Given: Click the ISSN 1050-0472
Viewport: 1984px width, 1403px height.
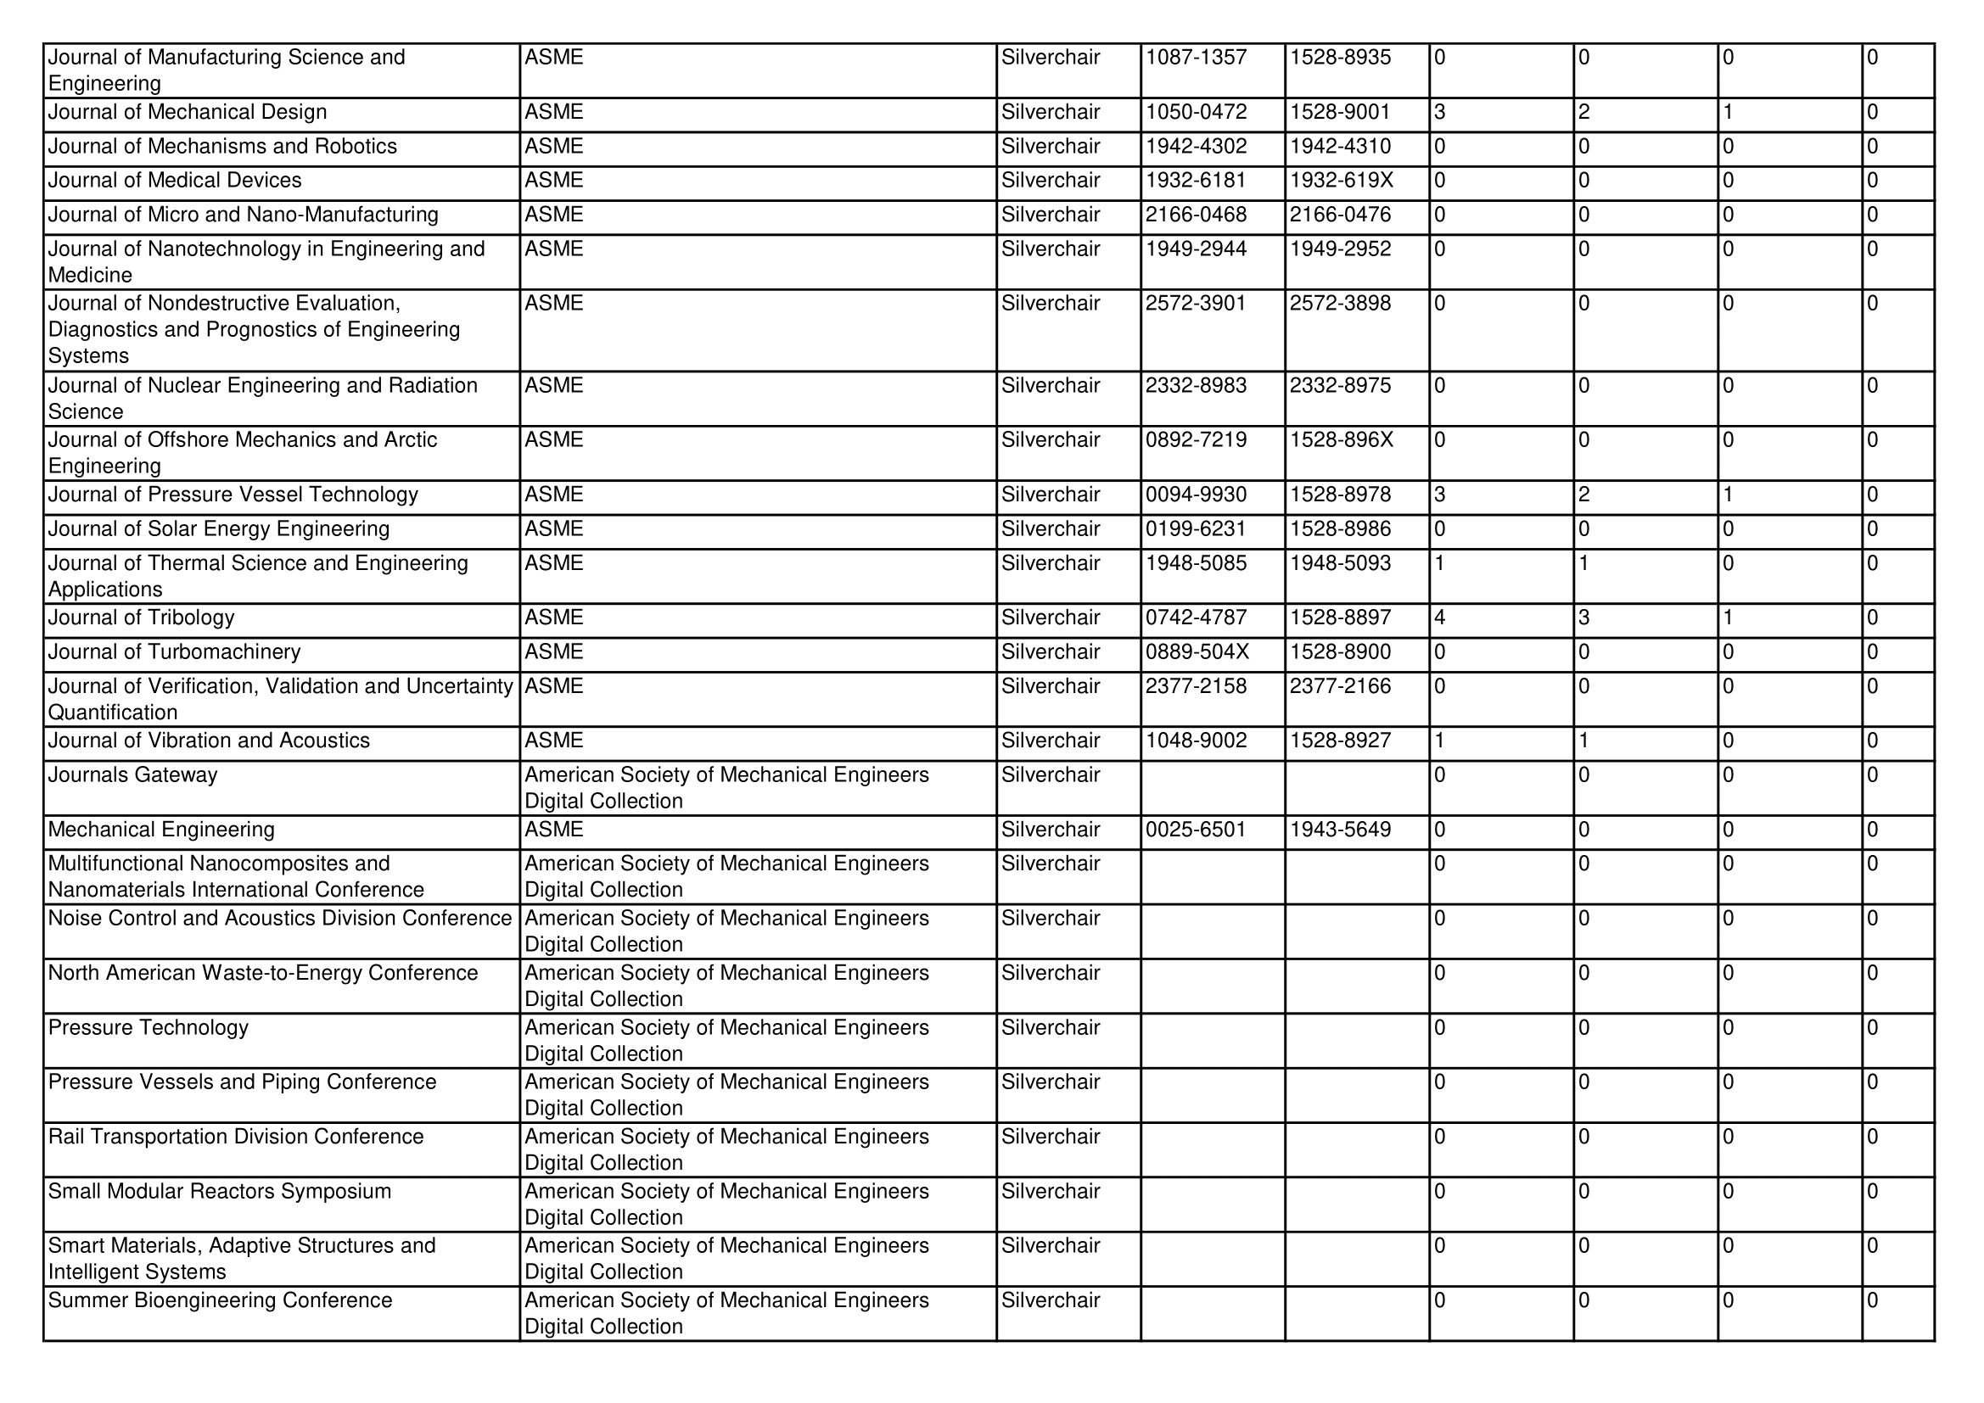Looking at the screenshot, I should point(1196,112).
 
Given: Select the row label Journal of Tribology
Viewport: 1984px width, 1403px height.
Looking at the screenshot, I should point(142,618).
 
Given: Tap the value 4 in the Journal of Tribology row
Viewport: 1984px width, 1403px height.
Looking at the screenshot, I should point(1439,618).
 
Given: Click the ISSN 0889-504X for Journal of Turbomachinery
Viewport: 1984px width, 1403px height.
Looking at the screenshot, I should point(1197,652).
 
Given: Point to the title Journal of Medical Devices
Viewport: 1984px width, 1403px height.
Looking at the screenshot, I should point(175,181).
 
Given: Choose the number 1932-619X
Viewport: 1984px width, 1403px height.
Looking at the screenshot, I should point(1341,181).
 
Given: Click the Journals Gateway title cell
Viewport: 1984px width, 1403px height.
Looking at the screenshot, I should point(133,775).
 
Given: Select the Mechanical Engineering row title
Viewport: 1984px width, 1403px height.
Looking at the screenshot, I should point(161,830).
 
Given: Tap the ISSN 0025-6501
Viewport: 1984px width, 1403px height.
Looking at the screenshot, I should point(1196,830).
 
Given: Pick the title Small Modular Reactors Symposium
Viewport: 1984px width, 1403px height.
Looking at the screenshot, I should point(220,1191).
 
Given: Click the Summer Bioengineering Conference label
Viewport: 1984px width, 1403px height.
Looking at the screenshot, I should point(221,1300).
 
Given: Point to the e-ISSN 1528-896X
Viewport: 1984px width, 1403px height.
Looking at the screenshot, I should point(1341,439).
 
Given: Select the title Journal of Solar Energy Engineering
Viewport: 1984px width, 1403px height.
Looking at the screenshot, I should point(219,528).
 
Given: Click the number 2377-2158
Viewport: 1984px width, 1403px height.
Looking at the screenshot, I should point(1196,686).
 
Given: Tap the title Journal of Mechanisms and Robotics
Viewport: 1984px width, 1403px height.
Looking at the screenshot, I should point(222,146).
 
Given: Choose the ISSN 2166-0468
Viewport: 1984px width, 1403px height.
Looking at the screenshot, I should point(1196,215).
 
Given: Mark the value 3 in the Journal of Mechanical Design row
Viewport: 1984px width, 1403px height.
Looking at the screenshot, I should point(1439,112).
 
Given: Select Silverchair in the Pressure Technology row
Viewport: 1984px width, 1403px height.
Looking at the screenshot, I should point(1051,1027).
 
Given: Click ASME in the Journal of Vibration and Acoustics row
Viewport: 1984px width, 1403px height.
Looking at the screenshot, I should point(554,741).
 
